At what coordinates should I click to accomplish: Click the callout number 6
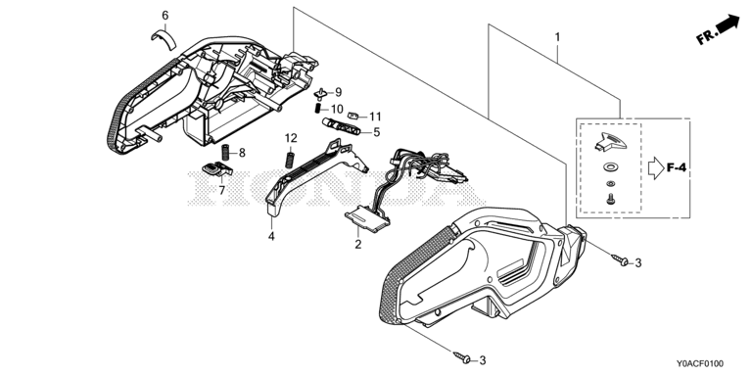[x=164, y=16]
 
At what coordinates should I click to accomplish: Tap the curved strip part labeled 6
[x=164, y=39]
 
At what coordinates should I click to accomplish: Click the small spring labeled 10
[x=317, y=109]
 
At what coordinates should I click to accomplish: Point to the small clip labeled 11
[x=352, y=116]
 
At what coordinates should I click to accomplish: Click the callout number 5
[x=376, y=132]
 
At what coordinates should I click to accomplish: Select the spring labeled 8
[x=224, y=152]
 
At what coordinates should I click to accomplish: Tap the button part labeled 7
[x=216, y=168]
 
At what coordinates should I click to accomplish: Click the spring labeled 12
[x=289, y=160]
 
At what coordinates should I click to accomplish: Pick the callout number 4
[x=271, y=236]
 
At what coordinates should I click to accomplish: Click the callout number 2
[x=357, y=245]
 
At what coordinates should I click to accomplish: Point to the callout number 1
[x=557, y=37]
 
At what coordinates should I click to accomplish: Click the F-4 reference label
[x=677, y=167]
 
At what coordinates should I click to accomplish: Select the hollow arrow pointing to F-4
[x=656, y=168]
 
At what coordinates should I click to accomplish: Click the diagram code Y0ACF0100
[x=700, y=364]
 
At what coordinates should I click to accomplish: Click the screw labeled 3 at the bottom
[x=461, y=356]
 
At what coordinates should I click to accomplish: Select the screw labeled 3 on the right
[x=620, y=260]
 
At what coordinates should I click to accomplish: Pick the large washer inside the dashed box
[x=610, y=167]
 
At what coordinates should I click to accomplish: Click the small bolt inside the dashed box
[x=610, y=199]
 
